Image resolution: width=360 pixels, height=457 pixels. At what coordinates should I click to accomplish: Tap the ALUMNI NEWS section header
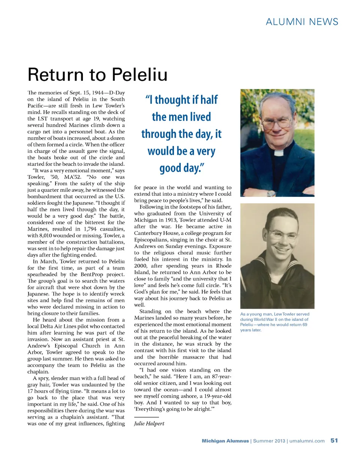coord(302,21)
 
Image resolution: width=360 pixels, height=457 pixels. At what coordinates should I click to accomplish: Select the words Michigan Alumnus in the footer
coord(225,441)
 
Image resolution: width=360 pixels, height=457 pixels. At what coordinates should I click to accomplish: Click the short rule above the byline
coord(146,417)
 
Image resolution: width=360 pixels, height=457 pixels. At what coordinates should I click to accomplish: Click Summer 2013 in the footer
coord(268,441)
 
